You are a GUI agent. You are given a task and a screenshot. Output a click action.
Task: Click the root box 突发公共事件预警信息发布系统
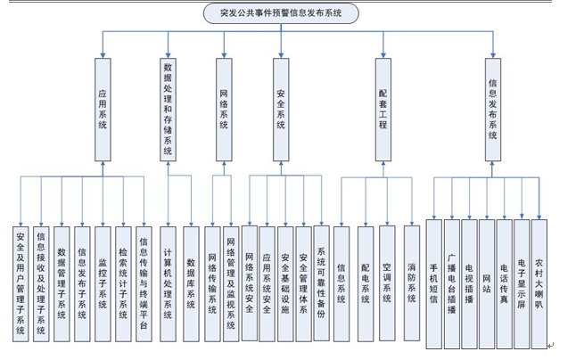click(281, 13)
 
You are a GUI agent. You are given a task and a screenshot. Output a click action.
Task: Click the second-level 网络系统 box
click(224, 110)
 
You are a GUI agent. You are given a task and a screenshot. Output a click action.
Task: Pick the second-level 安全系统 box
click(281, 110)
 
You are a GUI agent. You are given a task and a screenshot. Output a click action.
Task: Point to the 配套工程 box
click(383, 110)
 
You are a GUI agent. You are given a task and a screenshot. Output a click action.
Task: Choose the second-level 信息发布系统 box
click(492, 110)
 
